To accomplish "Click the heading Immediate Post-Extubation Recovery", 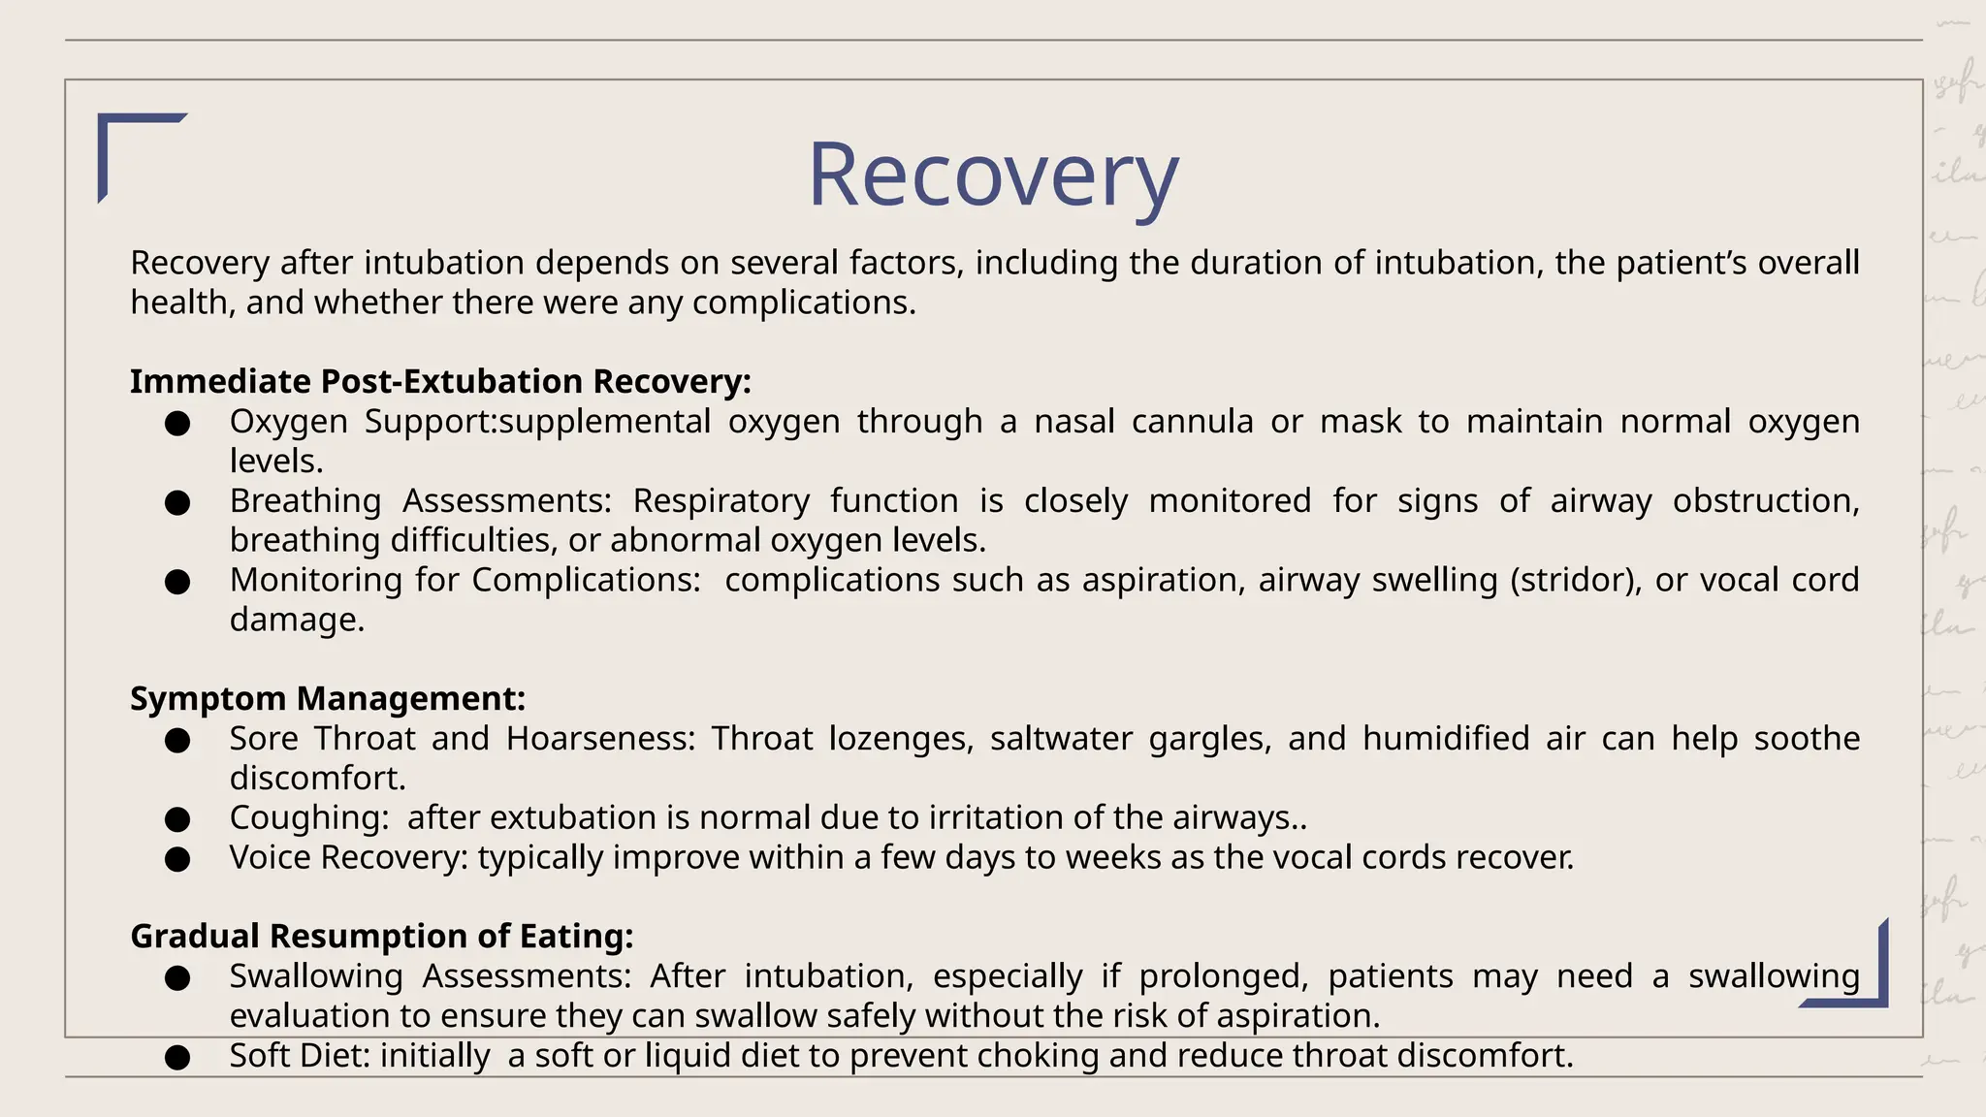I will coord(440,382).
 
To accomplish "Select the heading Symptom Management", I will coord(328,699).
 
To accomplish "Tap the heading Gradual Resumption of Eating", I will coord(381,937).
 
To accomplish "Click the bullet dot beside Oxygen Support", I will coord(177,424).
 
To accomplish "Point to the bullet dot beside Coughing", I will coord(177,820).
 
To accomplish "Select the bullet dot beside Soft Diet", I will coord(177,1058).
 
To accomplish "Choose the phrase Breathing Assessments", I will coord(420,501).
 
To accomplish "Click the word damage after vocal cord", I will coord(296,621).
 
